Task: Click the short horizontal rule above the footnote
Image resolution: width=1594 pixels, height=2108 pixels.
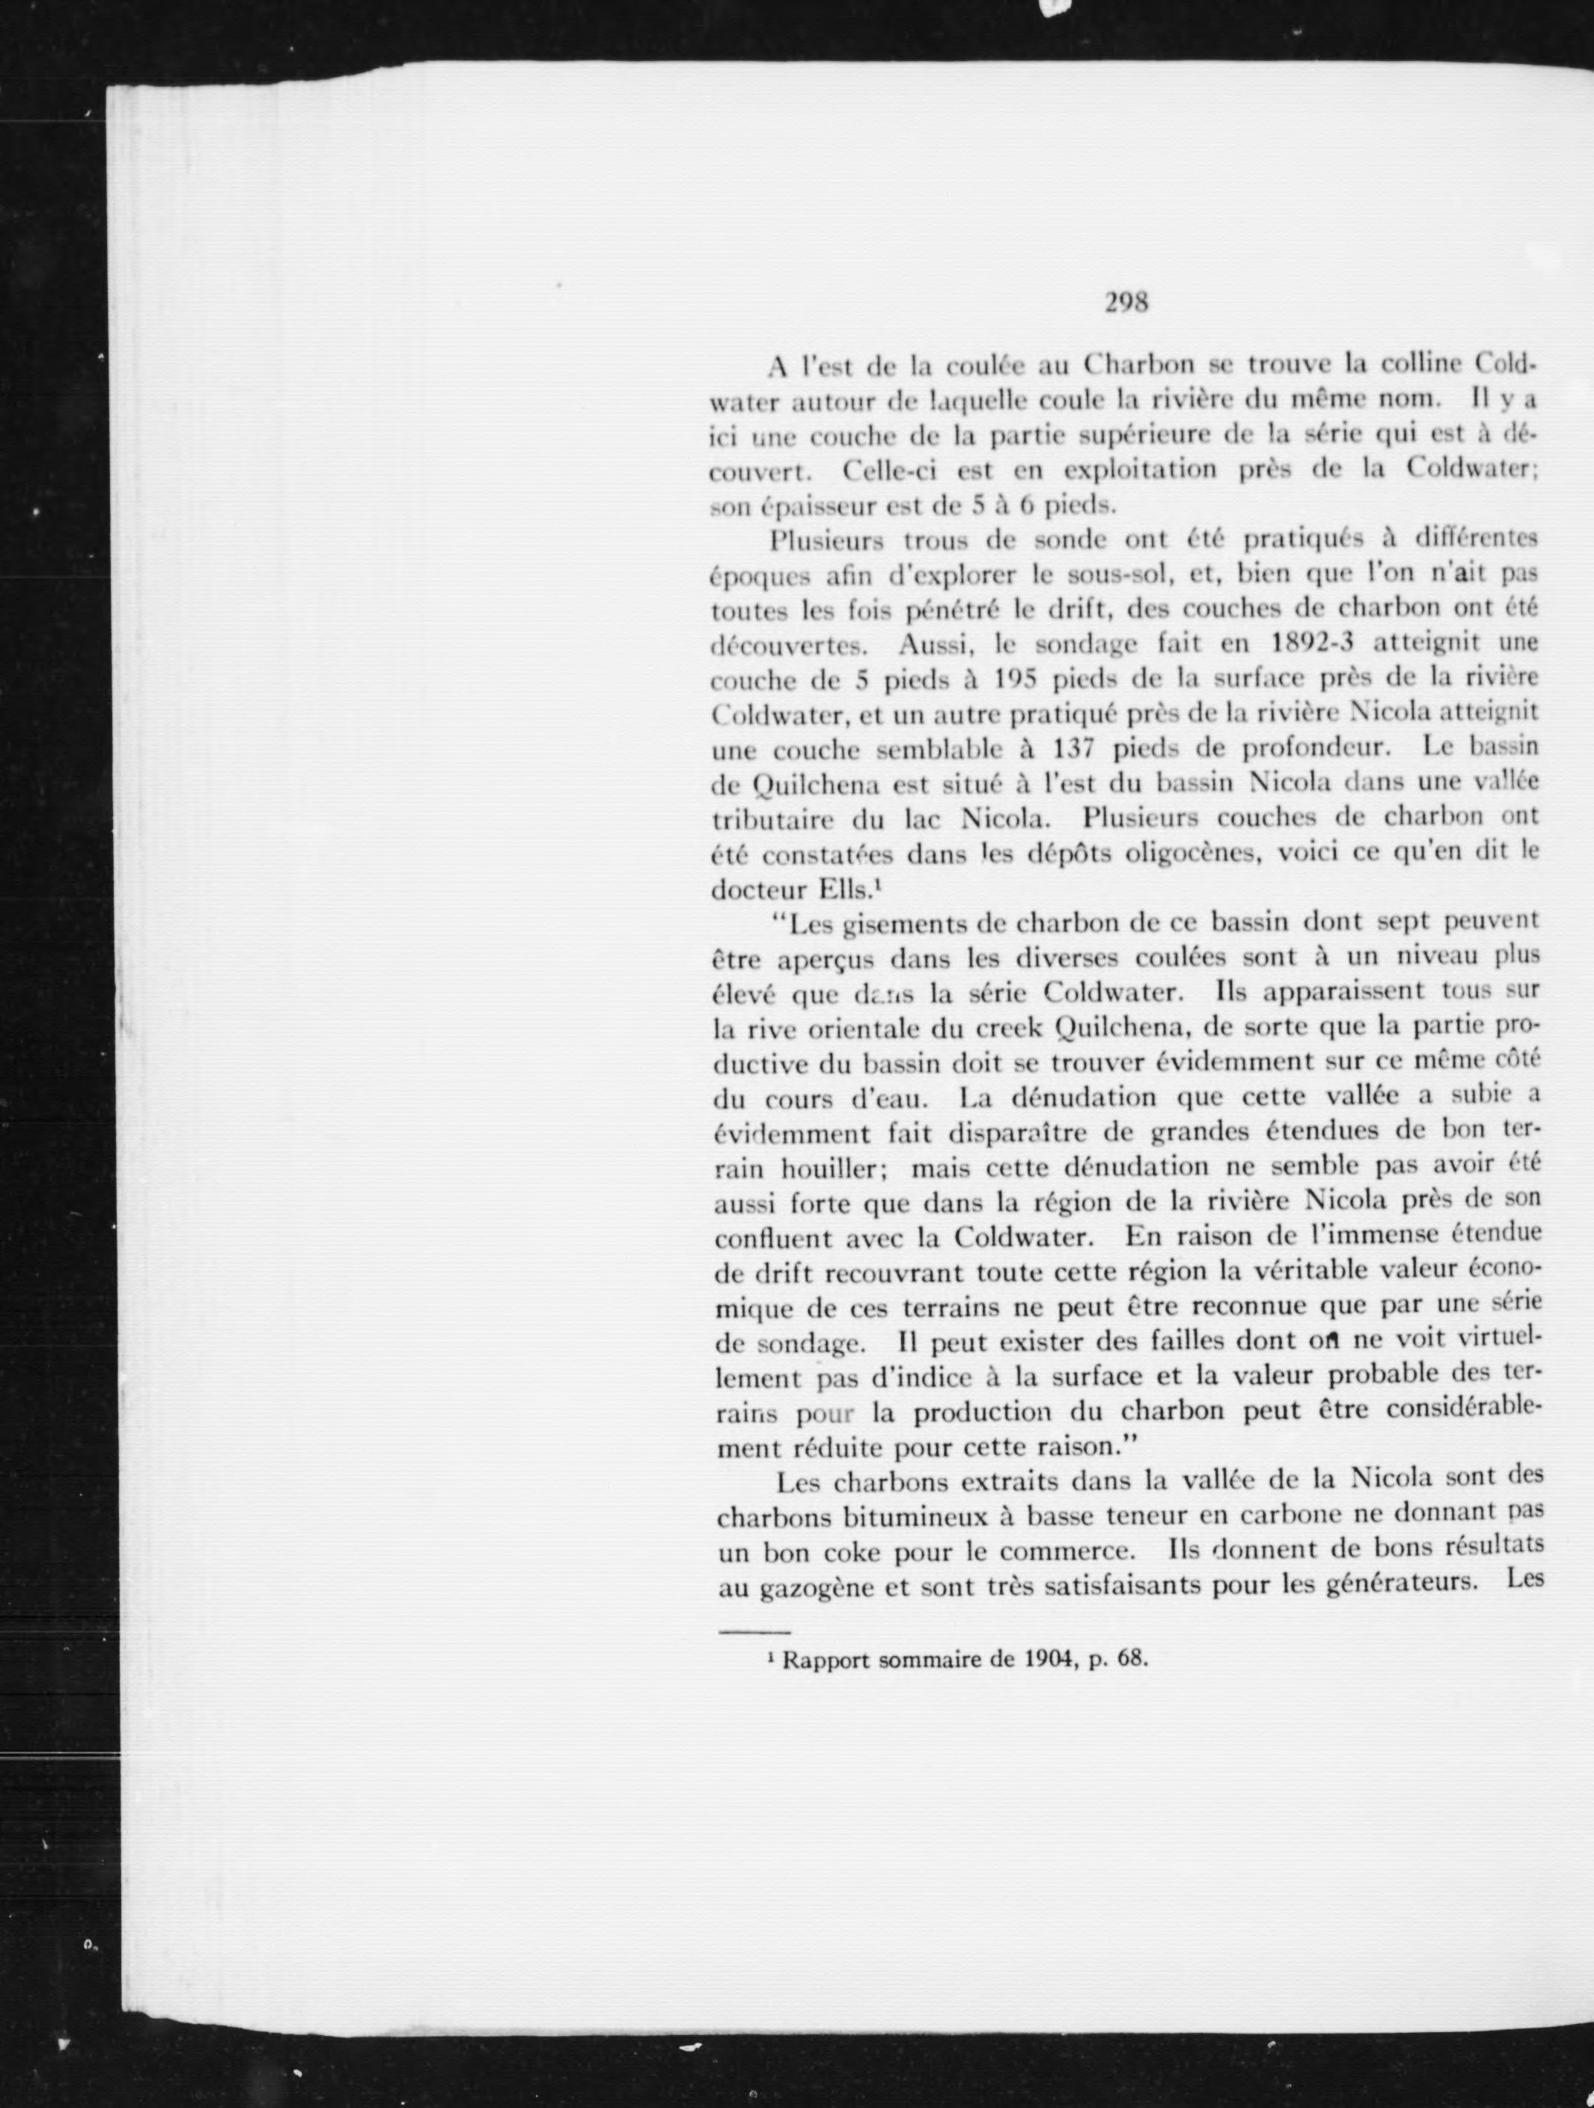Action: pos(755,1632)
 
